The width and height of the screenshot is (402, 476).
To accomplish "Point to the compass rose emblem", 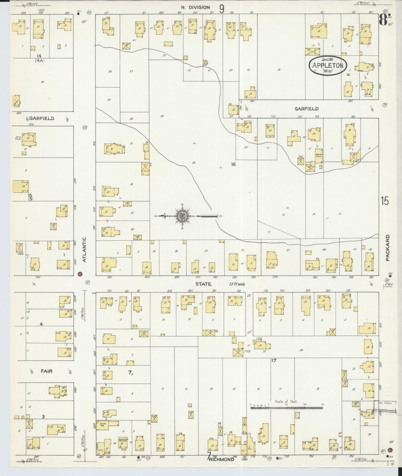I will [x=182, y=216].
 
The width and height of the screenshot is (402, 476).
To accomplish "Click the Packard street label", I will [x=388, y=248].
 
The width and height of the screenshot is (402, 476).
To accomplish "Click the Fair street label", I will [x=46, y=371].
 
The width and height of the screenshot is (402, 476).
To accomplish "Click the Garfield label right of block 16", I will [x=307, y=109].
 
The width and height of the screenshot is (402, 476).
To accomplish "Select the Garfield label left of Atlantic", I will [x=42, y=118].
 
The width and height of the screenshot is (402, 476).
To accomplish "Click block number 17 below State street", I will [x=274, y=360].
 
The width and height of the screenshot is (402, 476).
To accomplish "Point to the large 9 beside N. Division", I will [x=221, y=9].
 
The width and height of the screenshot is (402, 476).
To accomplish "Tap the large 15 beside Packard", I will [x=385, y=201].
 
